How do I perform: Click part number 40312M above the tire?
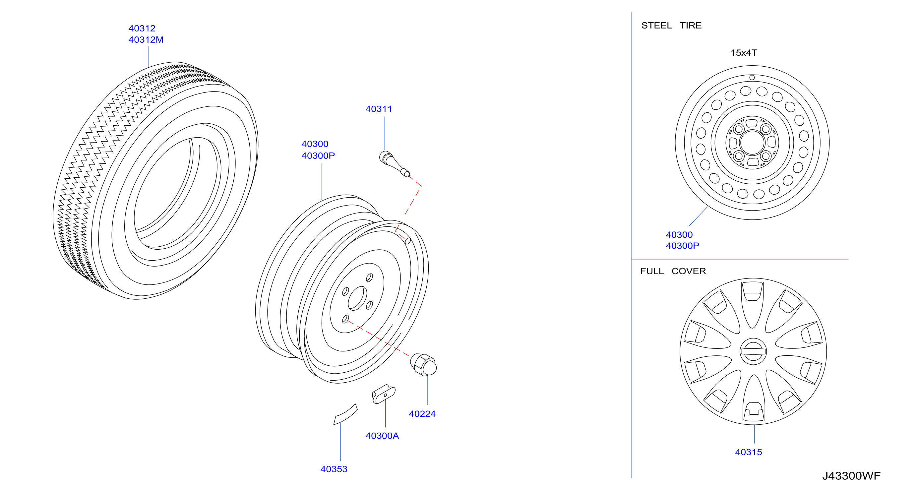pos(146,39)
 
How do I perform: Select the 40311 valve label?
pos(379,109)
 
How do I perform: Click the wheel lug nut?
pos(423,365)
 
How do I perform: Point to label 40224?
pos(422,414)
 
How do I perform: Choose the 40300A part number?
pos(382,436)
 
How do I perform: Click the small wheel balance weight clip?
pos(384,394)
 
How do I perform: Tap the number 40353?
pos(334,469)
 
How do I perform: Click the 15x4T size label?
pos(744,53)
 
